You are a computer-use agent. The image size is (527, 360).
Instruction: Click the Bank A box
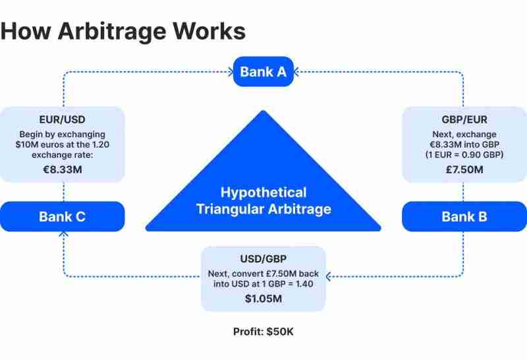[x=263, y=71]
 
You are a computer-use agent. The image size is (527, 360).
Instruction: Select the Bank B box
[x=464, y=216]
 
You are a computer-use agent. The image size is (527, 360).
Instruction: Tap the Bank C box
[x=62, y=216]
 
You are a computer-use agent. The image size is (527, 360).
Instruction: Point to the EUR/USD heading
[x=62, y=120]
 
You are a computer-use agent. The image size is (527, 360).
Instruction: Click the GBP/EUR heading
[x=464, y=120]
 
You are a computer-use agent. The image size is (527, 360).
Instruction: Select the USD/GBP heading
[x=263, y=259]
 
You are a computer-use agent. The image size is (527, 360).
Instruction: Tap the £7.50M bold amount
[x=464, y=169]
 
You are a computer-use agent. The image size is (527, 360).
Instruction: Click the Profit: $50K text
[x=263, y=331]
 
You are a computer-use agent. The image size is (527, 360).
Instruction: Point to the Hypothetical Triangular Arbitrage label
[x=263, y=201]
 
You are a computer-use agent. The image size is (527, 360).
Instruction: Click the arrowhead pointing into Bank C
[x=63, y=234]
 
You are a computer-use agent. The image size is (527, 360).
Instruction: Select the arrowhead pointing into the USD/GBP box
[x=329, y=275]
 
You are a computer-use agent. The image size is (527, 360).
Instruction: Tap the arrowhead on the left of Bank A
[x=230, y=71]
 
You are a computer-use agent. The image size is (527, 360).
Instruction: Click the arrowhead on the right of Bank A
[x=296, y=71]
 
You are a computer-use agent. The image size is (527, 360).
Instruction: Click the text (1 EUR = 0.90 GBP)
[x=464, y=156]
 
